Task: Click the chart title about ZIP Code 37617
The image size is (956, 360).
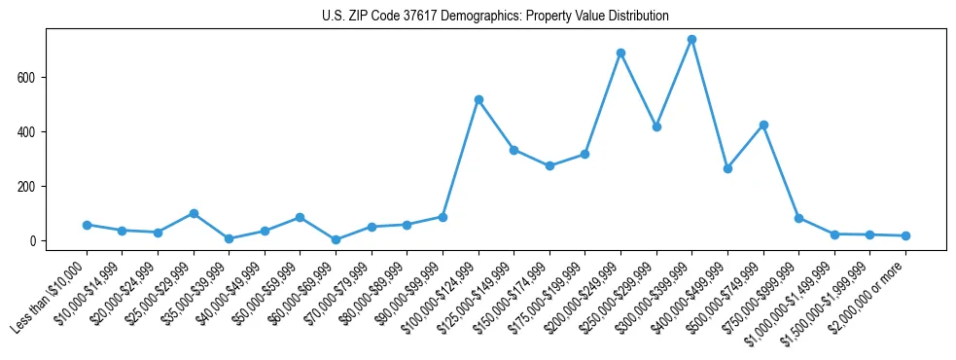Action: point(495,17)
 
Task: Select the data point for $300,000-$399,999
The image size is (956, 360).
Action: point(691,40)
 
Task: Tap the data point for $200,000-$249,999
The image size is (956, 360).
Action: point(620,53)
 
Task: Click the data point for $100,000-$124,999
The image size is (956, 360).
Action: point(478,99)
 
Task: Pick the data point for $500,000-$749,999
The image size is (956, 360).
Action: point(763,125)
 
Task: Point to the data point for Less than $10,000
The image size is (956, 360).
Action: point(87,225)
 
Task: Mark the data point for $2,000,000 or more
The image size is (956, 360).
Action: point(905,235)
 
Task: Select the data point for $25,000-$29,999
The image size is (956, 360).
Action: point(194,213)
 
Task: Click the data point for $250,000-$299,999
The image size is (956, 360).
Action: point(656,126)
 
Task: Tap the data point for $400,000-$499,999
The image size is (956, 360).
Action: point(727,168)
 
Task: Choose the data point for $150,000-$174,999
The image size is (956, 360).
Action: point(549,165)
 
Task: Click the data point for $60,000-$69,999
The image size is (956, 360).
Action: point(336,239)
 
